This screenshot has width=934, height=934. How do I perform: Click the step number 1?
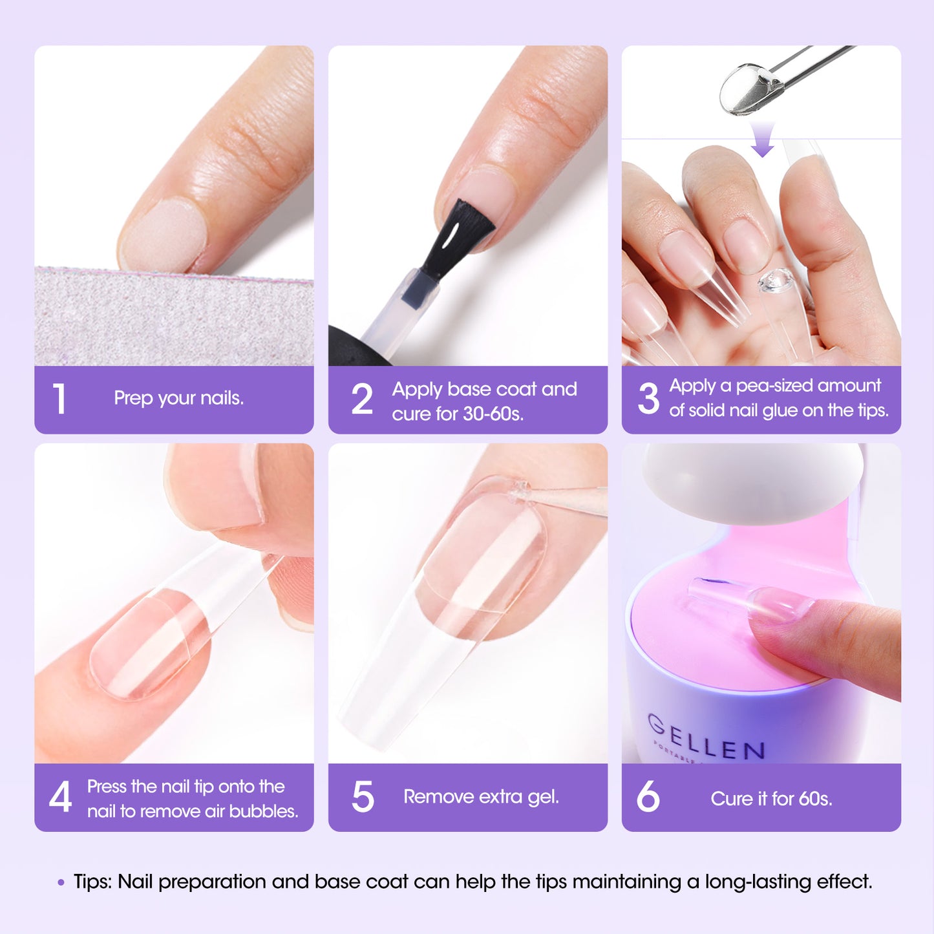click(59, 399)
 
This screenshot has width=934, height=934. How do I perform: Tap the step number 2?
click(362, 399)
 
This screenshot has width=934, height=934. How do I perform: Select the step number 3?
click(648, 398)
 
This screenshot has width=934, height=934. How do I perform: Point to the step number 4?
click(60, 797)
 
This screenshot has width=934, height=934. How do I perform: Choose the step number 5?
click(363, 796)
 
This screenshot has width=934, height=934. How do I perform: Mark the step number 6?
click(648, 796)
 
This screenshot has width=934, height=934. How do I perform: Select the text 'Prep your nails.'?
click(178, 398)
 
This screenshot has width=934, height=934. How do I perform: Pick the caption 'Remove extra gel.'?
click(481, 796)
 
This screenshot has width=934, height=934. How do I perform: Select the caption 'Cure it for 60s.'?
click(771, 799)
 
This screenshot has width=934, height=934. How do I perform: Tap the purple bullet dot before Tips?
click(61, 882)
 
